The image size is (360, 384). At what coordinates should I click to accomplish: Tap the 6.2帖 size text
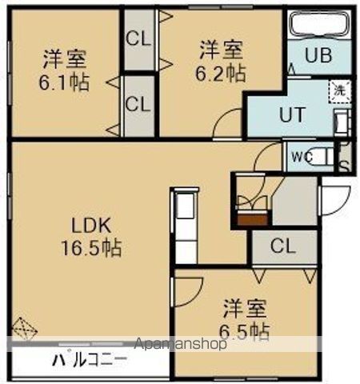(222, 72)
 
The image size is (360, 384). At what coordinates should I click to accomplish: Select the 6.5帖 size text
(245, 330)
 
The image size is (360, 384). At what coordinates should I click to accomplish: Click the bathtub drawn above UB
(317, 25)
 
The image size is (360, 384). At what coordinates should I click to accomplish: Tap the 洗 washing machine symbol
(339, 90)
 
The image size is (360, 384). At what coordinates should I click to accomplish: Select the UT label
(291, 114)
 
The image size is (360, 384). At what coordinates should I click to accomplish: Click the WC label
(302, 155)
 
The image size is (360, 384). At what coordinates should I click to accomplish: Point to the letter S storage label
(344, 166)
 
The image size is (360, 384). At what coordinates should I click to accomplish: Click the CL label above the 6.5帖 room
(282, 246)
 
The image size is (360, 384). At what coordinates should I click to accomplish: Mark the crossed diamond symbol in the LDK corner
(25, 328)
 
